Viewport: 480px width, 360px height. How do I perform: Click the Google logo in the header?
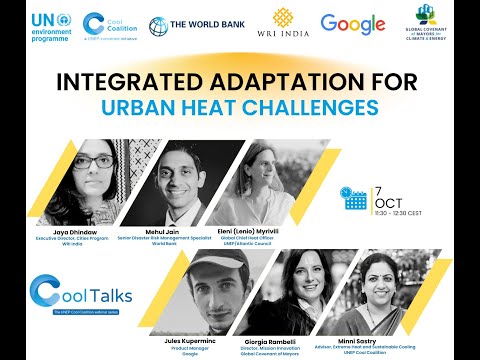353,24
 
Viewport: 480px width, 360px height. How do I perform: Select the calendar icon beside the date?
353,197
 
